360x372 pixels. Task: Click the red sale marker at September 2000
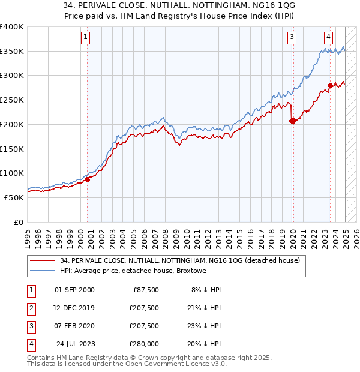[x=87, y=179]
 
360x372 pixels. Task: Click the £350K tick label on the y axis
[x=12, y=52]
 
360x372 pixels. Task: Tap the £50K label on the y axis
[x=14, y=197]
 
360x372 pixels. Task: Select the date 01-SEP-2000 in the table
[x=74, y=290]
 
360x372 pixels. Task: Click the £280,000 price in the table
[x=145, y=344]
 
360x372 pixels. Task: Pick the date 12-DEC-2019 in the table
[x=74, y=308]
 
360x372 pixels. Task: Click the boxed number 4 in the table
[x=30, y=344]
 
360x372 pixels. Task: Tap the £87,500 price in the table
[x=146, y=290]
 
